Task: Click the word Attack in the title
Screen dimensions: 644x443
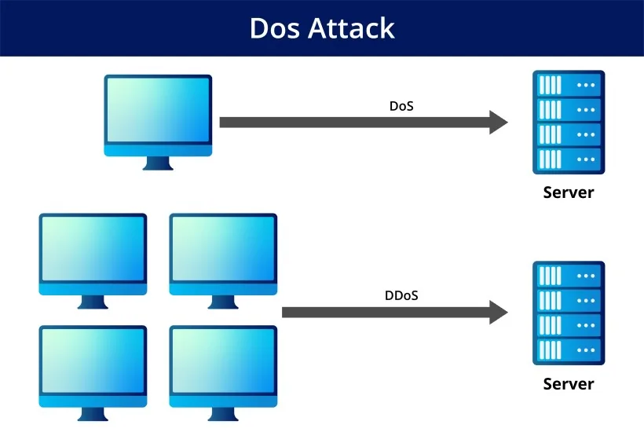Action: [352, 28]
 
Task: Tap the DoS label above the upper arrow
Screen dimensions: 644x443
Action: [401, 106]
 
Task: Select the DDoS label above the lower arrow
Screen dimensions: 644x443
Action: [401, 295]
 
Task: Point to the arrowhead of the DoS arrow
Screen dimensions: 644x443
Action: [499, 122]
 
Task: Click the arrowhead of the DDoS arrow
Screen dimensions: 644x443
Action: [499, 313]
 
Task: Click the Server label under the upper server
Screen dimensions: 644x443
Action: [569, 192]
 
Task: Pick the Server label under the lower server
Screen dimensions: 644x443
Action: [569, 384]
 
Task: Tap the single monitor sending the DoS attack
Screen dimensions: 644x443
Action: [158, 122]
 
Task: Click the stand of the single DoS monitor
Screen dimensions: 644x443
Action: [158, 163]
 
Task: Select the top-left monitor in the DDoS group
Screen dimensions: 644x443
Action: [93, 261]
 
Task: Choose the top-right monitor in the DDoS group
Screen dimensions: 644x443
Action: [223, 261]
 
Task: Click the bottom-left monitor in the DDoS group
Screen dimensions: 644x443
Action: [93, 373]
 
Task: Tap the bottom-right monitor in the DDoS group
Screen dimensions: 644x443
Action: [223, 373]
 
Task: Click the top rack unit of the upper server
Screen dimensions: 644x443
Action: [569, 85]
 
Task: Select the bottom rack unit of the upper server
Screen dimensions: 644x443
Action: [569, 159]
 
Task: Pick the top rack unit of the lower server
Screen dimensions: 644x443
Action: [569, 276]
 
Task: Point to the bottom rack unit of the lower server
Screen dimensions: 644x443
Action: [569, 350]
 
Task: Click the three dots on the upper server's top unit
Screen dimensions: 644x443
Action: [586, 85]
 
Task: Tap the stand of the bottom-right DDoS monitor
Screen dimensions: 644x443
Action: [223, 414]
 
